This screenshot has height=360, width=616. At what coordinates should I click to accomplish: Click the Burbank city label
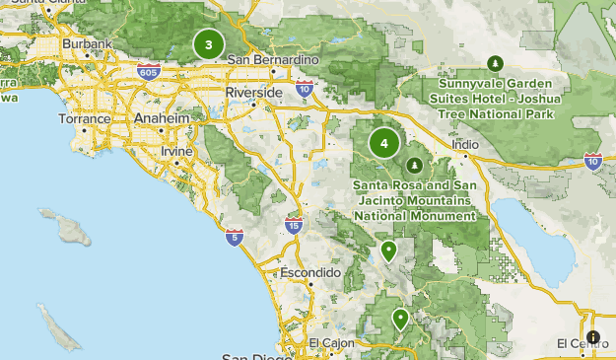tap(80, 43)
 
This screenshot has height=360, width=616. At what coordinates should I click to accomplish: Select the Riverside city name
tap(253, 92)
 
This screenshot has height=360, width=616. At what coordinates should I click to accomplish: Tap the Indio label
tap(465, 144)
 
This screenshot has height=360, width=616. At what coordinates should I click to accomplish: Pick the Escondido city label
tap(309, 271)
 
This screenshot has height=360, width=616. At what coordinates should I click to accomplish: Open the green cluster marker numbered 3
tap(208, 43)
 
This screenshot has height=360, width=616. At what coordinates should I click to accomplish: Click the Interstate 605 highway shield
tap(148, 71)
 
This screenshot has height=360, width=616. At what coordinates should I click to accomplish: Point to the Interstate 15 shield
tap(294, 225)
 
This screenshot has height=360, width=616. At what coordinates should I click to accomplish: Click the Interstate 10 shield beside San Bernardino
tap(306, 89)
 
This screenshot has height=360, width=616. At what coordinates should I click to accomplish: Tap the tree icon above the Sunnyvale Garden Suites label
tap(495, 63)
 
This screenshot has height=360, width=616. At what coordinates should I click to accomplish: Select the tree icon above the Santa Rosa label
tap(415, 164)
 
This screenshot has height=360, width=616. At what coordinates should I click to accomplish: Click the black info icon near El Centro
tap(591, 337)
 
